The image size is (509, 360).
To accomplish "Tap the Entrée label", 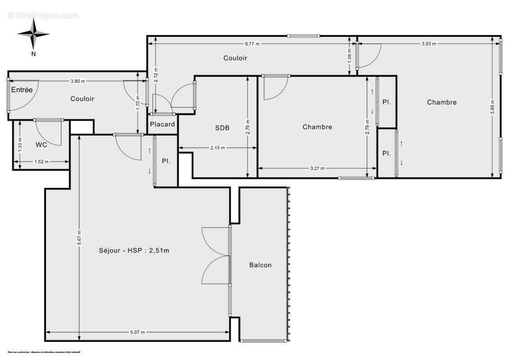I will pyautogui.click(x=22, y=90).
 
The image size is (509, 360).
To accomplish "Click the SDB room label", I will pyautogui.click(x=222, y=128).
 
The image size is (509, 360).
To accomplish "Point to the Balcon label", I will pyautogui.click(x=260, y=265).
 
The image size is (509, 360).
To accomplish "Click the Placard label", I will pyautogui.click(x=162, y=124).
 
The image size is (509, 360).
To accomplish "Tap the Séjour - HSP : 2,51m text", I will pyautogui.click(x=134, y=251).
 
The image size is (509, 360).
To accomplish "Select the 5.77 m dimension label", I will pyautogui.click(x=252, y=44).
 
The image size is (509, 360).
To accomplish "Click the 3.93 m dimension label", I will pyautogui.click(x=428, y=44).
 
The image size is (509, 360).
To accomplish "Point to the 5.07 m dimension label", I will pyautogui.click(x=137, y=332).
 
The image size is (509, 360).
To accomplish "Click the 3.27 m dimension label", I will pyautogui.click(x=317, y=168).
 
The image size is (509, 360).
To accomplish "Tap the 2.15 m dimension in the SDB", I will pyautogui.click(x=217, y=148).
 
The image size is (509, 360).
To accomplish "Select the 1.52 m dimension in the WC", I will pyautogui.click(x=41, y=162).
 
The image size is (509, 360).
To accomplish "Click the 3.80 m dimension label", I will pyautogui.click(x=77, y=81).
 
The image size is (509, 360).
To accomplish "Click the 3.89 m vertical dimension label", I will pyautogui.click(x=493, y=107).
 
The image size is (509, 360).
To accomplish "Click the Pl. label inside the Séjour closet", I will pyautogui.click(x=166, y=161).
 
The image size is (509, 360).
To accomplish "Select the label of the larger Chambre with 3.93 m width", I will pyautogui.click(x=441, y=102).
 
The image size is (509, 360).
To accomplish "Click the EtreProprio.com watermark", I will pyautogui.click(x=43, y=15).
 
